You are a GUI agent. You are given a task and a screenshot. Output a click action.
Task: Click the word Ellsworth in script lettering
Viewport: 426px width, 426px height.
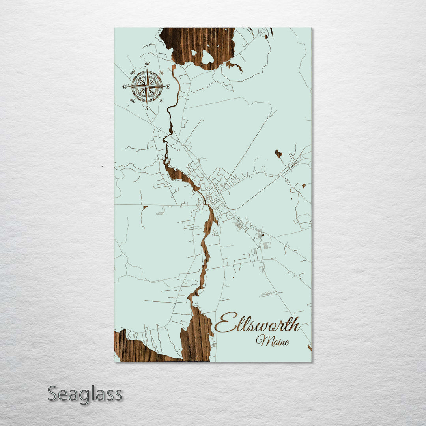tap(257, 324)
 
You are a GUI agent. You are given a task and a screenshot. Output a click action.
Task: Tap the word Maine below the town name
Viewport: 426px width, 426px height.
tap(272, 340)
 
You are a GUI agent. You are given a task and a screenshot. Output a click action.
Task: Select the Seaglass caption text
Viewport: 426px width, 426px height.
tap(85, 394)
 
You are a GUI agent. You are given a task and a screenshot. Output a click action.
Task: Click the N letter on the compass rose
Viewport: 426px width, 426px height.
tap(147, 65)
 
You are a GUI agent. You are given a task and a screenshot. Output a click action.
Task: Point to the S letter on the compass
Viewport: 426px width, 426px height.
tap(147, 108)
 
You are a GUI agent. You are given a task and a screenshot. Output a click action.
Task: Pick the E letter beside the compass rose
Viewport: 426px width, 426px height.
tap(167, 86)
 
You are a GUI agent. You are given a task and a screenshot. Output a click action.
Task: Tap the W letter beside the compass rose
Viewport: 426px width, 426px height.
tap(125, 86)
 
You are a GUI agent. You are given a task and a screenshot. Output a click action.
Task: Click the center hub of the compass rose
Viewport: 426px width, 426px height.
tap(147, 86)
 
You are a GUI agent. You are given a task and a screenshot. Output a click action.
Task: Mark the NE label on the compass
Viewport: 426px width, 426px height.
tap(161, 72)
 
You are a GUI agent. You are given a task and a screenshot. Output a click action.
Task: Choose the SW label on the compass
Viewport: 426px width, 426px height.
tap(133, 100)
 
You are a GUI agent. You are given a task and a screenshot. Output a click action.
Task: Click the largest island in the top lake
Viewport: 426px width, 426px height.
tap(207, 58)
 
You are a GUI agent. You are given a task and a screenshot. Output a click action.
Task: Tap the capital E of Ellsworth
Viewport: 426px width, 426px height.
tap(226, 323)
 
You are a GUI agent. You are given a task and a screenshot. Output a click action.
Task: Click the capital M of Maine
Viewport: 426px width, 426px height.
tap(262, 340)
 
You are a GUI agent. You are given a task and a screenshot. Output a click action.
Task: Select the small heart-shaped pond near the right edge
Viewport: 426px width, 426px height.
tap(278, 153)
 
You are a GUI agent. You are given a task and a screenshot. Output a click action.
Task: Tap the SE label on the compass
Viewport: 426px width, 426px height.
tap(161, 100)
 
